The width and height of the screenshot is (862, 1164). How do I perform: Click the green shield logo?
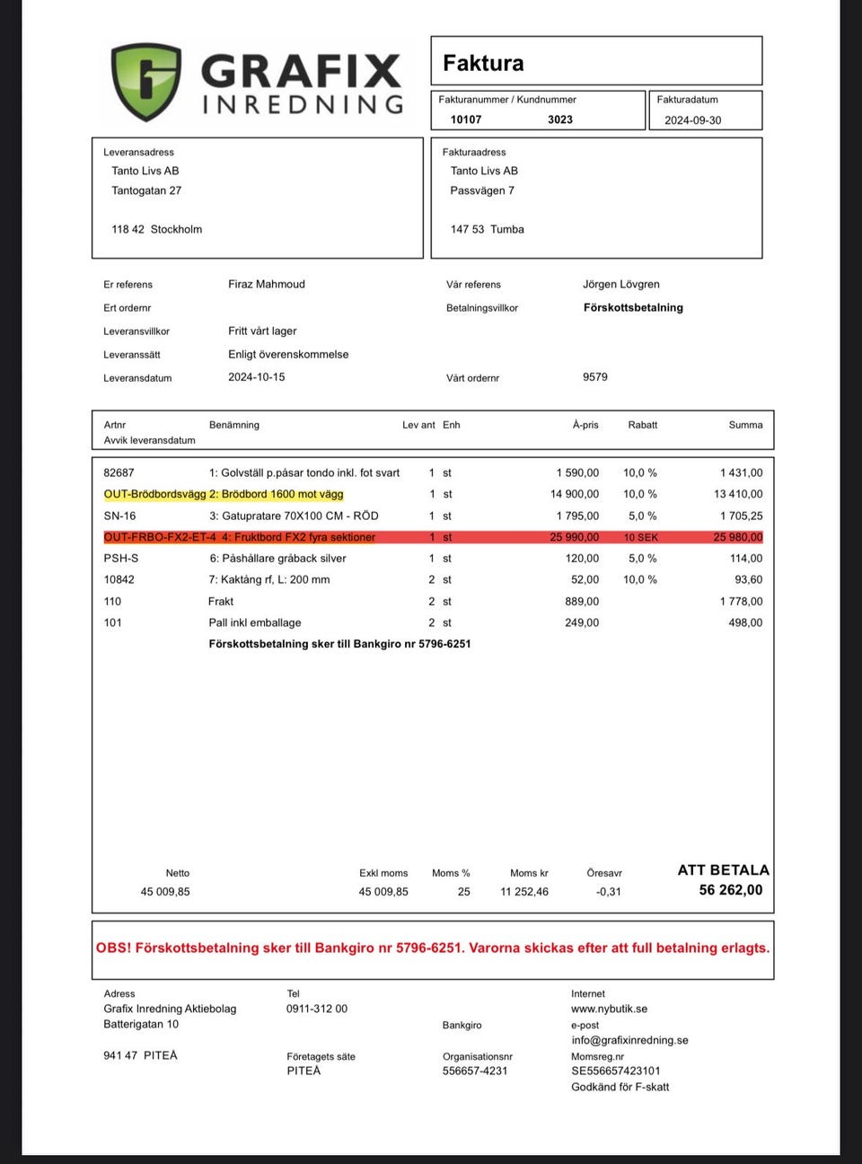[x=146, y=82]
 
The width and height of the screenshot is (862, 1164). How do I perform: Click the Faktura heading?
[x=483, y=63]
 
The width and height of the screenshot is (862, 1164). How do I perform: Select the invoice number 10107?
[x=466, y=119]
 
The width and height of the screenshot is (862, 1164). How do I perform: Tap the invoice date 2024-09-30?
[x=692, y=120]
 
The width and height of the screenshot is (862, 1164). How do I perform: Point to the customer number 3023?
[x=560, y=119]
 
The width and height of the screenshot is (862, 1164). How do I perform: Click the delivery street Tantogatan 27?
[x=146, y=190]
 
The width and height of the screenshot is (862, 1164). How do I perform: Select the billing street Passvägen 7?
[x=482, y=190]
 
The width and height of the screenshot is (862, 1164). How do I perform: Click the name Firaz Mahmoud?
[x=267, y=284]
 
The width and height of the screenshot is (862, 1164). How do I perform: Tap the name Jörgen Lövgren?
[x=621, y=284]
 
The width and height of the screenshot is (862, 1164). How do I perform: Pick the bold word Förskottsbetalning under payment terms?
[x=633, y=307]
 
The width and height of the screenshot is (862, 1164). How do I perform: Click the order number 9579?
[x=595, y=377]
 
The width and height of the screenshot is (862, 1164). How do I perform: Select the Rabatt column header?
[x=643, y=425]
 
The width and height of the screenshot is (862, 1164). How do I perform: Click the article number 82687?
[x=119, y=472]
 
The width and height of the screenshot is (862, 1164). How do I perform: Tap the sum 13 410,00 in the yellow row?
[x=738, y=494]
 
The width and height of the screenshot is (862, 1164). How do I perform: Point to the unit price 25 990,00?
[x=575, y=537]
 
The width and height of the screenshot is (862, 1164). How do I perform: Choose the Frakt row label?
[x=221, y=602]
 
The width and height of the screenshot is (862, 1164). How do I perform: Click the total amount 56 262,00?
[x=731, y=890]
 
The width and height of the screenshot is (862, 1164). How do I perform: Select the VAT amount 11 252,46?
[x=524, y=892]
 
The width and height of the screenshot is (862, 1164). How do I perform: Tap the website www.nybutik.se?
[x=609, y=1009]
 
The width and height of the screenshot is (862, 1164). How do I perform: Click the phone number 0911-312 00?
[x=317, y=1009]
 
